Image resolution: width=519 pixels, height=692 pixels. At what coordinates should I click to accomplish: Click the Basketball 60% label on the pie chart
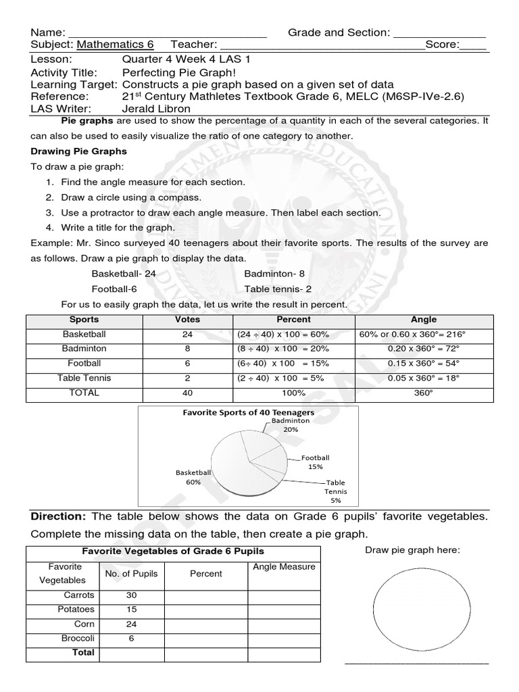click(x=193, y=477)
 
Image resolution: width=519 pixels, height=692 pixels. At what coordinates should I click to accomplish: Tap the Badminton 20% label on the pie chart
click(x=291, y=424)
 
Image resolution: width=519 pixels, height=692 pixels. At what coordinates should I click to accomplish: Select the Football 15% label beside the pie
click(x=315, y=462)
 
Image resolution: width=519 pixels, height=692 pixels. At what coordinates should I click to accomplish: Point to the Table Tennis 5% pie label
click(x=335, y=491)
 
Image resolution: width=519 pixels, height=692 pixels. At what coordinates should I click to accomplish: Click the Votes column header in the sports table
click(x=187, y=320)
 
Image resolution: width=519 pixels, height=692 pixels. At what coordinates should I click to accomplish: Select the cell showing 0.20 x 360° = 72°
click(x=424, y=349)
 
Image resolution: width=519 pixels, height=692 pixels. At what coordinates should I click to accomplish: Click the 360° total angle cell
click(x=424, y=393)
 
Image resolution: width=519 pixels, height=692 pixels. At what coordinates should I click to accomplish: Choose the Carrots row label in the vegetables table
click(x=79, y=595)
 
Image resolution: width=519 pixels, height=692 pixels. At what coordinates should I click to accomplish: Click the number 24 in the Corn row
click(x=131, y=624)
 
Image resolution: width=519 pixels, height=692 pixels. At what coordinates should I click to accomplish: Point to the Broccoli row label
click(x=78, y=639)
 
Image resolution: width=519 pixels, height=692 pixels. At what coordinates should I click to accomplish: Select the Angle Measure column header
click(x=284, y=567)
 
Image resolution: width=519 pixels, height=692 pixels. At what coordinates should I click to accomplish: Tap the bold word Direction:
click(x=58, y=517)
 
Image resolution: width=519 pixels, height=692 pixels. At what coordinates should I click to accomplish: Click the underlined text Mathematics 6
click(x=115, y=45)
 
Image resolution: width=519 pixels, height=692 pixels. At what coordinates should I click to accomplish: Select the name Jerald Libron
click(x=156, y=108)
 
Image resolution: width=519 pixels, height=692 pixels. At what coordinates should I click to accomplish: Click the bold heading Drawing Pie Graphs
click(x=78, y=151)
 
